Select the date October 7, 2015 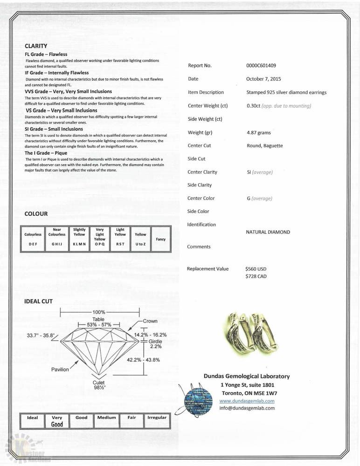(x=263, y=79)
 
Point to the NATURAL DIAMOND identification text (x=268, y=232)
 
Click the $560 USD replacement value (x=256, y=269)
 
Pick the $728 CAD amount (x=256, y=276)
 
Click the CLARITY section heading (x=36, y=46)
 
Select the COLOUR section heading (x=36, y=214)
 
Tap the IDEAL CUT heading (x=38, y=302)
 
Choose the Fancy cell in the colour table (x=160, y=239)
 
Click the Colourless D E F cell (x=33, y=239)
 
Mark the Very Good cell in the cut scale (x=57, y=421)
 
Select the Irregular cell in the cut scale (x=157, y=418)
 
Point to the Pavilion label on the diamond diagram (x=60, y=369)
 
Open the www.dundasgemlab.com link (x=247, y=401)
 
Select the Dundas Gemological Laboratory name (x=246, y=376)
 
